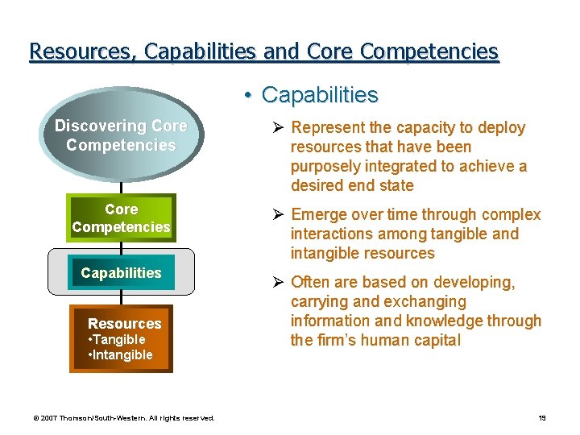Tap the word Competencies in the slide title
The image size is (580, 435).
pyautogui.click(x=429, y=52)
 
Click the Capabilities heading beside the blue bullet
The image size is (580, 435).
pyautogui.click(x=320, y=95)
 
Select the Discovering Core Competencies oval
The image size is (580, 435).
pyautogui.click(x=121, y=136)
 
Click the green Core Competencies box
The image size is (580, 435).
pyautogui.click(x=121, y=218)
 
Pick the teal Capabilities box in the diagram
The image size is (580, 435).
pyautogui.click(x=121, y=273)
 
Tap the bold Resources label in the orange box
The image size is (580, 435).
pyautogui.click(x=124, y=324)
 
